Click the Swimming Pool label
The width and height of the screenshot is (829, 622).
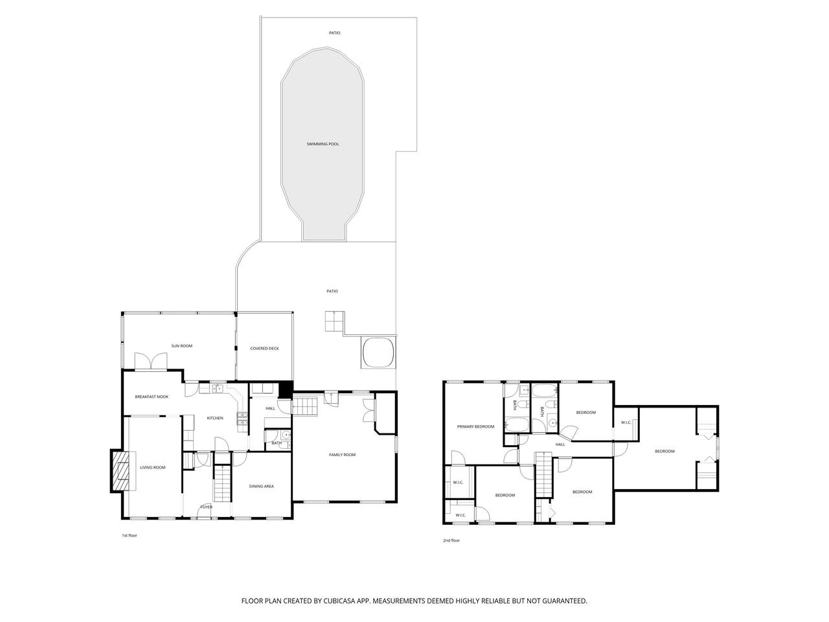pos(323,144)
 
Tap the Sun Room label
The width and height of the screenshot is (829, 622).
pos(181,345)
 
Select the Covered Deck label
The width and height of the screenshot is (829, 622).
pos(264,348)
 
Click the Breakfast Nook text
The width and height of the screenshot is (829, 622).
pos(152,397)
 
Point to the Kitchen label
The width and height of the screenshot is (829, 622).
pos(215,418)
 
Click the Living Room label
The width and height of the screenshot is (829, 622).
pos(153,467)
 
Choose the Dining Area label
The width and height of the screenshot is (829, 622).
pos(262,486)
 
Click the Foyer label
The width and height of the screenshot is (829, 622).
pos(206,507)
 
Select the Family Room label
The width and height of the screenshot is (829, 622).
pos(342,455)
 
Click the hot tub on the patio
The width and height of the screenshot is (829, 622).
pos(378,352)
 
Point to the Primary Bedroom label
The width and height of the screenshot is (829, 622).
pos(475,426)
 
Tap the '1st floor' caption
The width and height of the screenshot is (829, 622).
pos(129,536)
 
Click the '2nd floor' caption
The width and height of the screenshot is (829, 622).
pos(451,540)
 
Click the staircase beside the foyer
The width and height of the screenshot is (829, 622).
pos(222,483)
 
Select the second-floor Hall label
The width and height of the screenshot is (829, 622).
pos(560,444)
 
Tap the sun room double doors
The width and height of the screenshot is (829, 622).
pos(151,361)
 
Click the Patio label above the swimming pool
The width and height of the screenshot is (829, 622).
pos(334,33)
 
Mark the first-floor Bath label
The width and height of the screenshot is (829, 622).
pos(277,443)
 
